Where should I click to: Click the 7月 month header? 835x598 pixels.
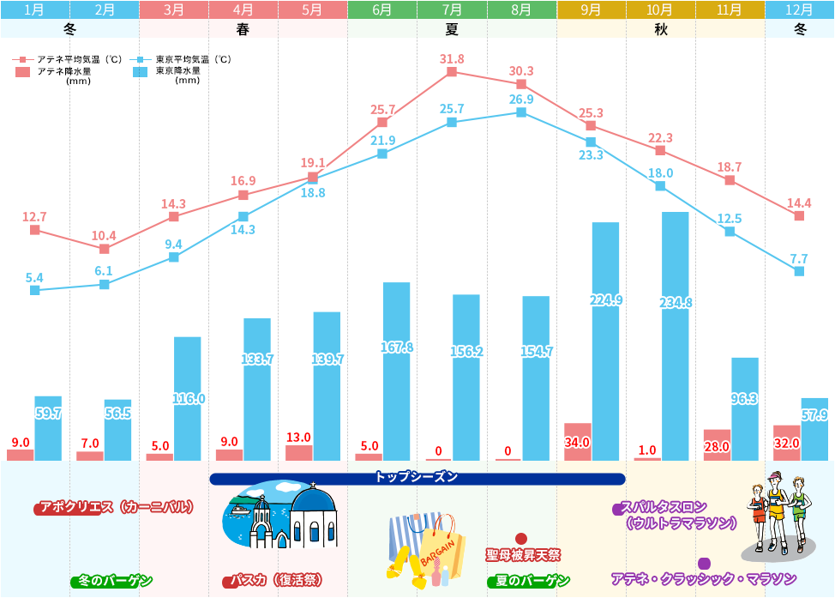click(x=452, y=10)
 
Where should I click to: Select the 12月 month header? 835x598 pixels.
click(x=799, y=10)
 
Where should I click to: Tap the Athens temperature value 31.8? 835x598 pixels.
click(x=452, y=59)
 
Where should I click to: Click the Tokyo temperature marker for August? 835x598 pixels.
click(x=521, y=112)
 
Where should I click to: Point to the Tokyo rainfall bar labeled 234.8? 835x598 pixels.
click(x=676, y=335)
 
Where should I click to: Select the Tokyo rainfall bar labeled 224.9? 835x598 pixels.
click(x=605, y=341)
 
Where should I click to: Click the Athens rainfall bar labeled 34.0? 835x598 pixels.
click(x=577, y=441)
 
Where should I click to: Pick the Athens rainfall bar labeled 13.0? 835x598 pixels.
click(x=298, y=452)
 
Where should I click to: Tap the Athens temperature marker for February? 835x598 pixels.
click(x=105, y=249)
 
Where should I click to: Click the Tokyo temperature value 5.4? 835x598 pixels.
click(x=34, y=277)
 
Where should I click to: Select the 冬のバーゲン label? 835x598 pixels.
click(x=112, y=581)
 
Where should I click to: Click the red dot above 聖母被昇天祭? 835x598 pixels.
click(x=521, y=539)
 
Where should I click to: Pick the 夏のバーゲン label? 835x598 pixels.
click(x=528, y=581)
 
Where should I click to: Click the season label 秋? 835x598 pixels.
click(x=660, y=28)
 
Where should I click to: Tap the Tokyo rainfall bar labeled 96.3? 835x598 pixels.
click(x=745, y=408)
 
